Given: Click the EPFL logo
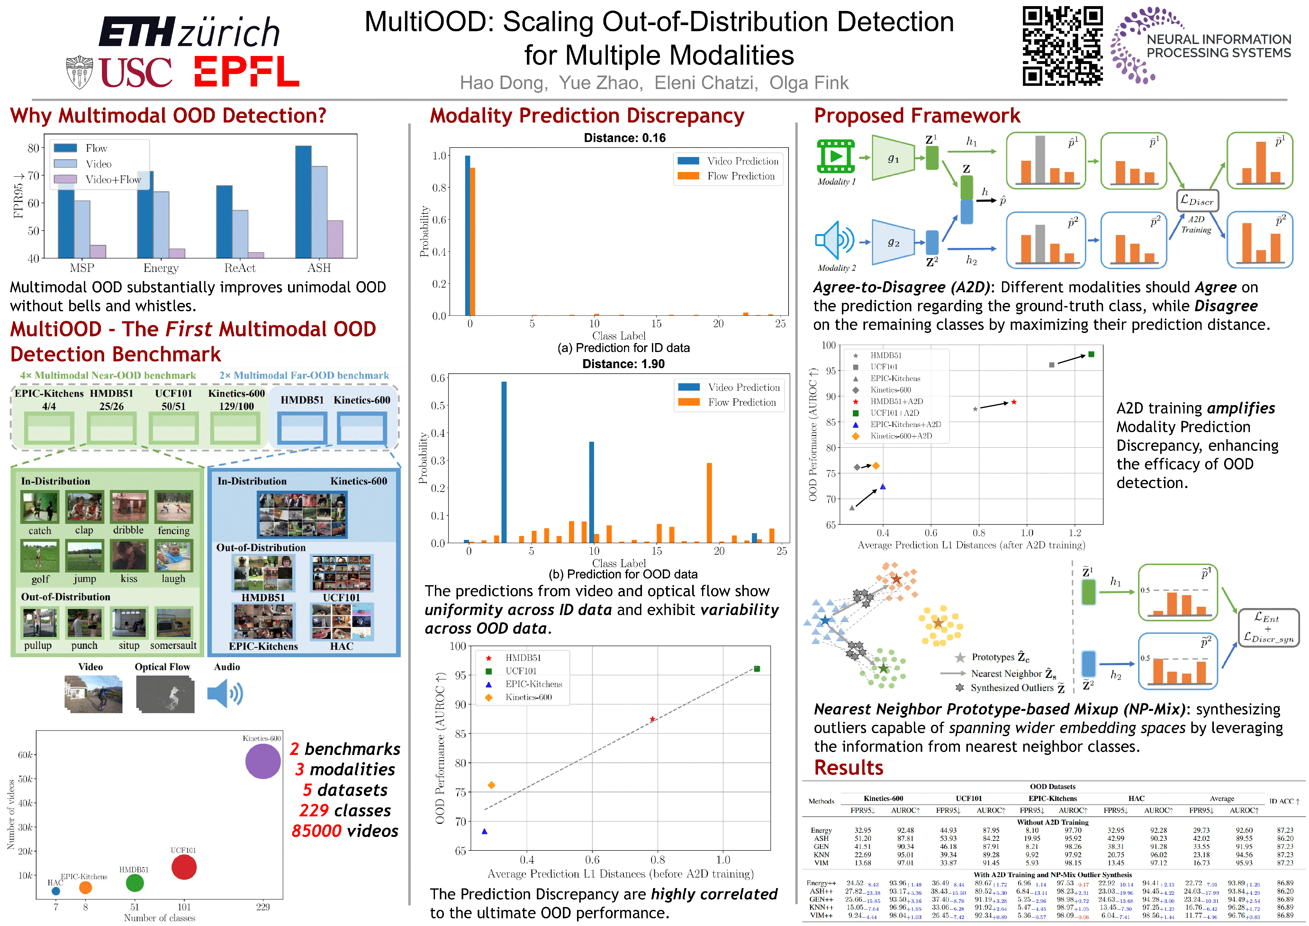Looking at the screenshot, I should [246, 71].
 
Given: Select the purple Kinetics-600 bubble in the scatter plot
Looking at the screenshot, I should [263, 761].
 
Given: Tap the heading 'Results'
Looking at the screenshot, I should [848, 767].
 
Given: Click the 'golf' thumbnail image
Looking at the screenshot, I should [39, 556].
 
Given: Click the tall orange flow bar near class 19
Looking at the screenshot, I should [709, 502].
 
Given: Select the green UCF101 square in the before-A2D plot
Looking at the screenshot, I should [756, 669].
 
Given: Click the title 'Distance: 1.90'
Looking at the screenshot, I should [623, 364].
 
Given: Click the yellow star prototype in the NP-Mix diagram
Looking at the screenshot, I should [938, 623].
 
